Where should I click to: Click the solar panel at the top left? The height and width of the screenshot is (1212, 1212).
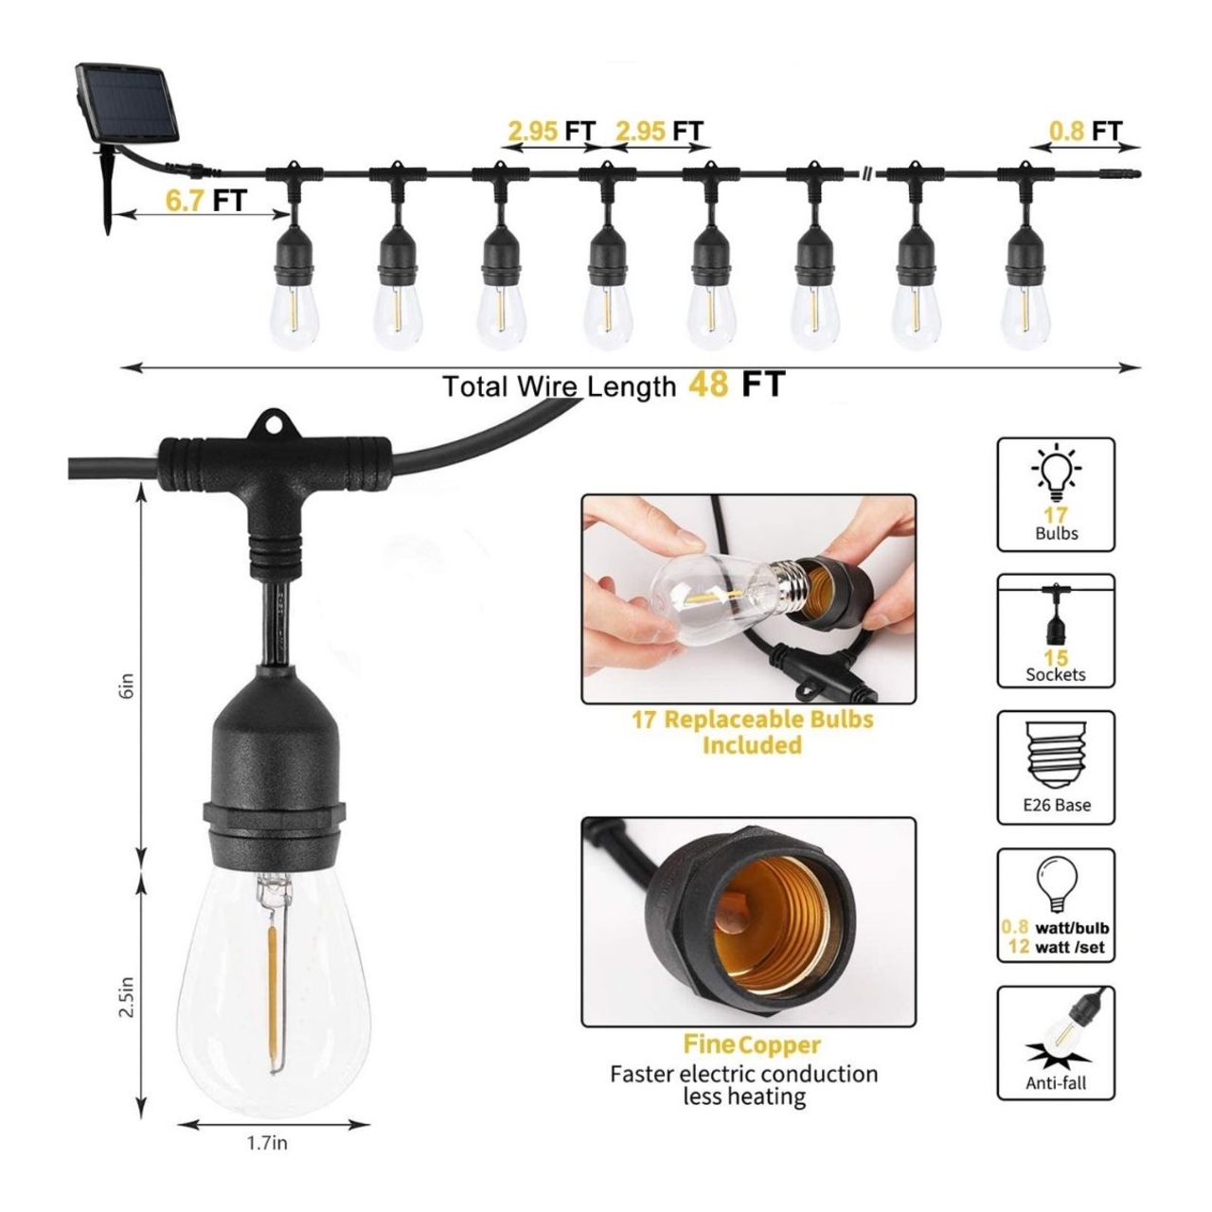tap(127, 101)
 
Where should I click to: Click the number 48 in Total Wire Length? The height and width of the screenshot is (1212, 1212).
tap(708, 384)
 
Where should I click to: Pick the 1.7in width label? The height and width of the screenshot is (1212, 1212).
tap(268, 1144)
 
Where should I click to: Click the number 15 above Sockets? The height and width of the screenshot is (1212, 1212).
tap(1056, 658)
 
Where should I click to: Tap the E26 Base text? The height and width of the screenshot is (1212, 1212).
tap(1056, 805)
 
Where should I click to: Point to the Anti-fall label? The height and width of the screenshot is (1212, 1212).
tap(1056, 1082)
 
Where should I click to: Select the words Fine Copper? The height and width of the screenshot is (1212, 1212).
tap(752, 1045)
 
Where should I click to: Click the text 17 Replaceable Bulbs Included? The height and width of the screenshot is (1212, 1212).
tap(752, 732)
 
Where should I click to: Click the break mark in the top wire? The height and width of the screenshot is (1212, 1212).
tap(867, 174)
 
